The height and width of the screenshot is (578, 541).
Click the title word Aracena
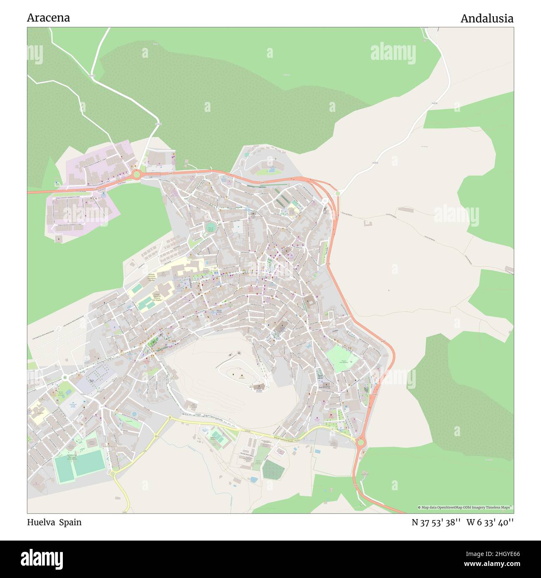[x=48, y=18]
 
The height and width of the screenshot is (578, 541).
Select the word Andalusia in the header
[x=486, y=18]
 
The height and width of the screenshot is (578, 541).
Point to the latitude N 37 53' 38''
[x=436, y=522]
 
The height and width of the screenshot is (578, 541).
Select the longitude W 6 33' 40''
[x=490, y=522]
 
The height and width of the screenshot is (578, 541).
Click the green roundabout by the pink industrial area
[x=136, y=175]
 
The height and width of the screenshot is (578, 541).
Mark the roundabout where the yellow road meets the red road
[x=360, y=443]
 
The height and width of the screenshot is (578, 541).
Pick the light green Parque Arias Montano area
[x=342, y=358]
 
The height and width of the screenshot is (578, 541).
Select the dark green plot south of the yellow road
[x=273, y=469]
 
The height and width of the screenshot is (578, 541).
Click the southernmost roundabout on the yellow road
[x=112, y=473]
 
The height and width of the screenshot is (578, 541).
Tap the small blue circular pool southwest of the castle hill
[x=134, y=414]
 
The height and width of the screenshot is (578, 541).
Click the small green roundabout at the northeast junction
[x=338, y=193]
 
